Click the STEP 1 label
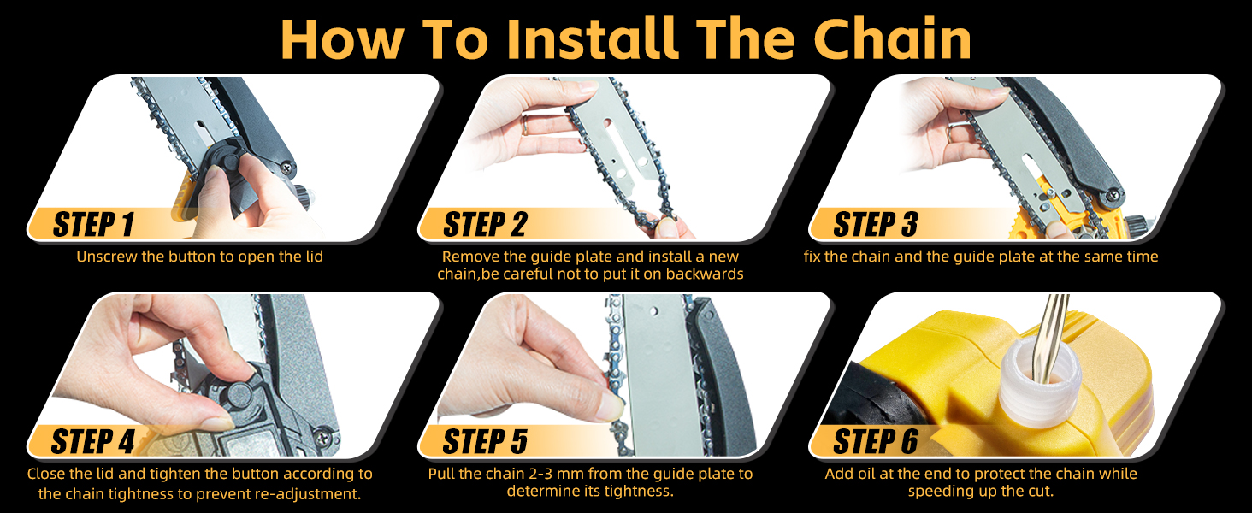(94, 225)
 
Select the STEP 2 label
(485, 225)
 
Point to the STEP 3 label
(876, 225)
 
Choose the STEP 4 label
(93, 441)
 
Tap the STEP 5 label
(485, 441)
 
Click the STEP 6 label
(876, 441)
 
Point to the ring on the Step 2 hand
(526, 126)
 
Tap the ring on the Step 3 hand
(951, 133)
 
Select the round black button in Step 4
(240, 394)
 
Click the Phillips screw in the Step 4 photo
(324, 436)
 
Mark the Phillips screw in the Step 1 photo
(288, 166)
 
